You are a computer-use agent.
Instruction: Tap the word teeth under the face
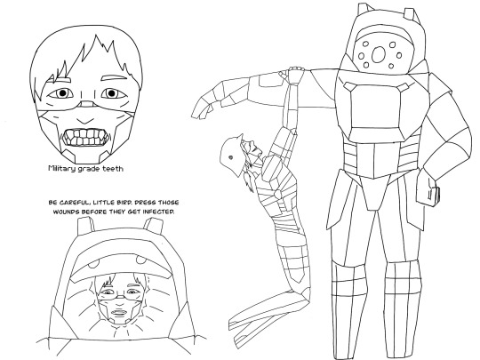[113, 168]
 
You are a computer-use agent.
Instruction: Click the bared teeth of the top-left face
[86, 137]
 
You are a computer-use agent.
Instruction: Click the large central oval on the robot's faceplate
[379, 54]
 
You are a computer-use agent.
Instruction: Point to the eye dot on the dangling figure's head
[230, 157]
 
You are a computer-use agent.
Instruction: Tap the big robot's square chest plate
[376, 108]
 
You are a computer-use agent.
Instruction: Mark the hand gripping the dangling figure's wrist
[295, 75]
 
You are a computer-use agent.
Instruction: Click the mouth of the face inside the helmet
[118, 313]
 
